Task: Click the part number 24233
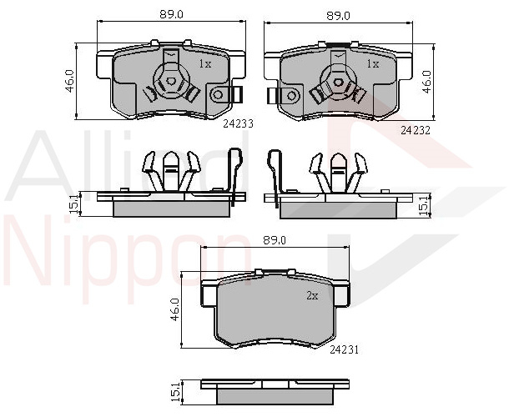238,123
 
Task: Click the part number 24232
416,130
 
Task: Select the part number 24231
344,349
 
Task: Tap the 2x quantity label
312,295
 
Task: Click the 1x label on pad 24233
205,64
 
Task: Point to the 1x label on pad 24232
373,64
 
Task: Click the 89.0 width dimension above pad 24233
171,15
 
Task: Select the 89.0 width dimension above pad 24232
338,16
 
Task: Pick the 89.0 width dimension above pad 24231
275,240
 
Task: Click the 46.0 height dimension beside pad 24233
70,81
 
